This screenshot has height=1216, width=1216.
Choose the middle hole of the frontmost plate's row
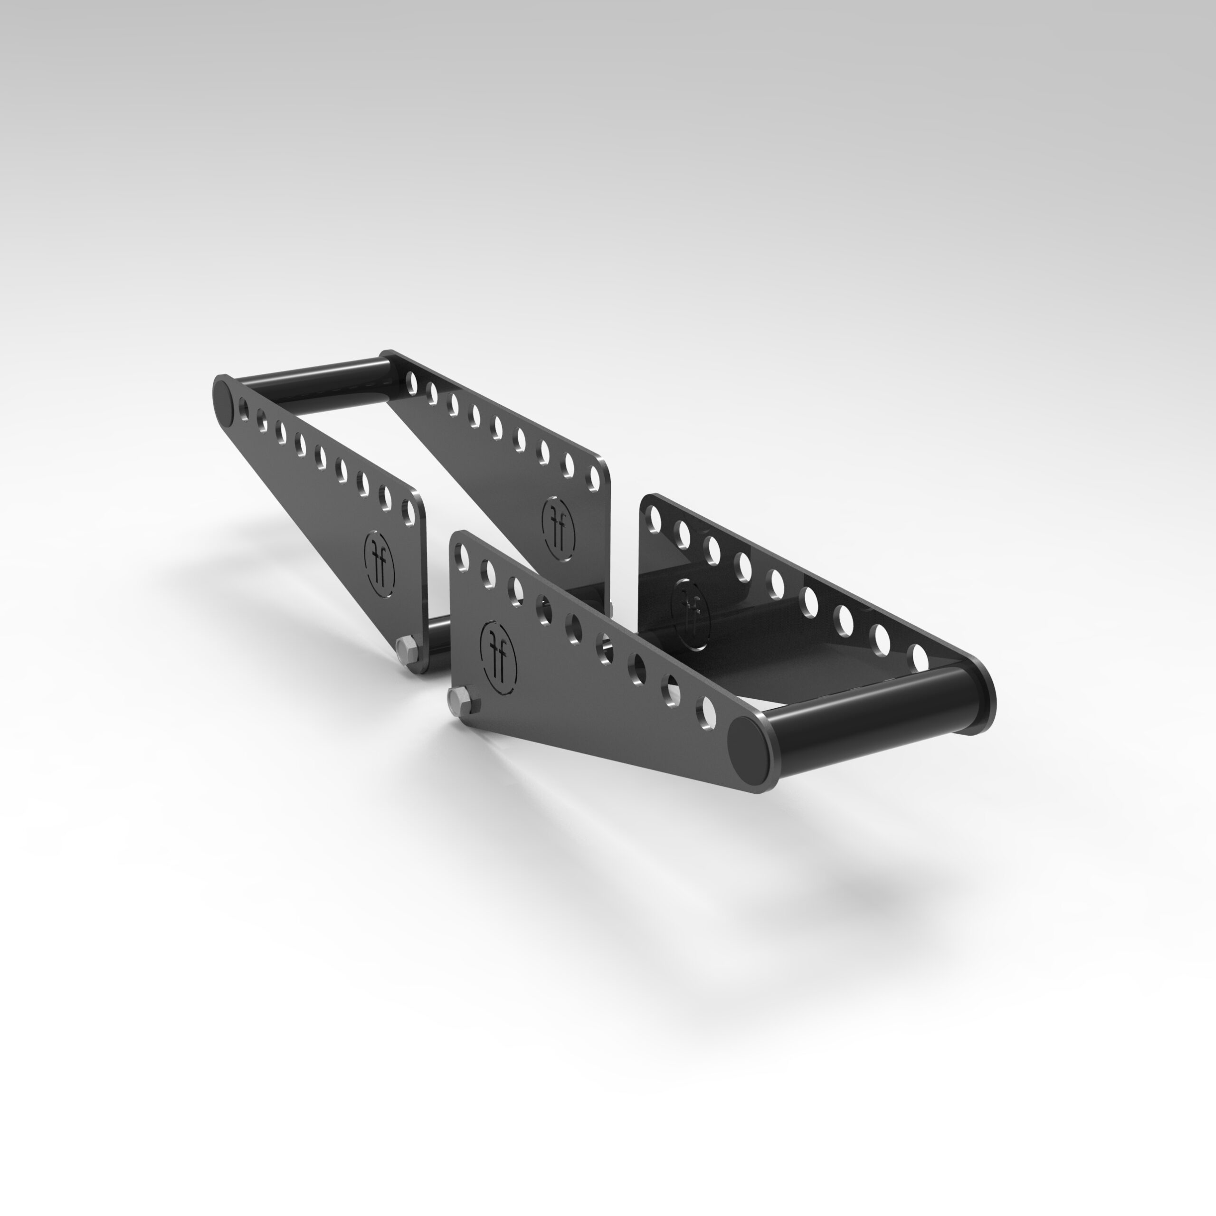(574, 628)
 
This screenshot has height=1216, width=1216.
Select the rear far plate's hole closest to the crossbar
(412, 382)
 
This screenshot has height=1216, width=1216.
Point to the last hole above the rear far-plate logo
(592, 478)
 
